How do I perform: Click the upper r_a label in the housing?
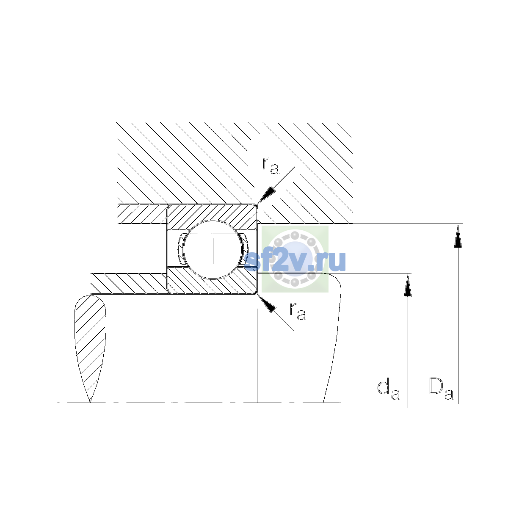click(271, 166)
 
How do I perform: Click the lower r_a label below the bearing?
click(298, 311)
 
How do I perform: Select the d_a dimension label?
click(389, 389)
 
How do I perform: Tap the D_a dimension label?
click(441, 389)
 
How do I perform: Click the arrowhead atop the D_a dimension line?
click(458, 236)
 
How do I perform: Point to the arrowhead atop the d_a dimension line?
click(408, 285)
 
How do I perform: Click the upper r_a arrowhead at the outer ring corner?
click(266, 195)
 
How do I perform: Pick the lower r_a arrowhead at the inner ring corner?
click(266, 304)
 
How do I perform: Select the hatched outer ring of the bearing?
click(212, 214)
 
